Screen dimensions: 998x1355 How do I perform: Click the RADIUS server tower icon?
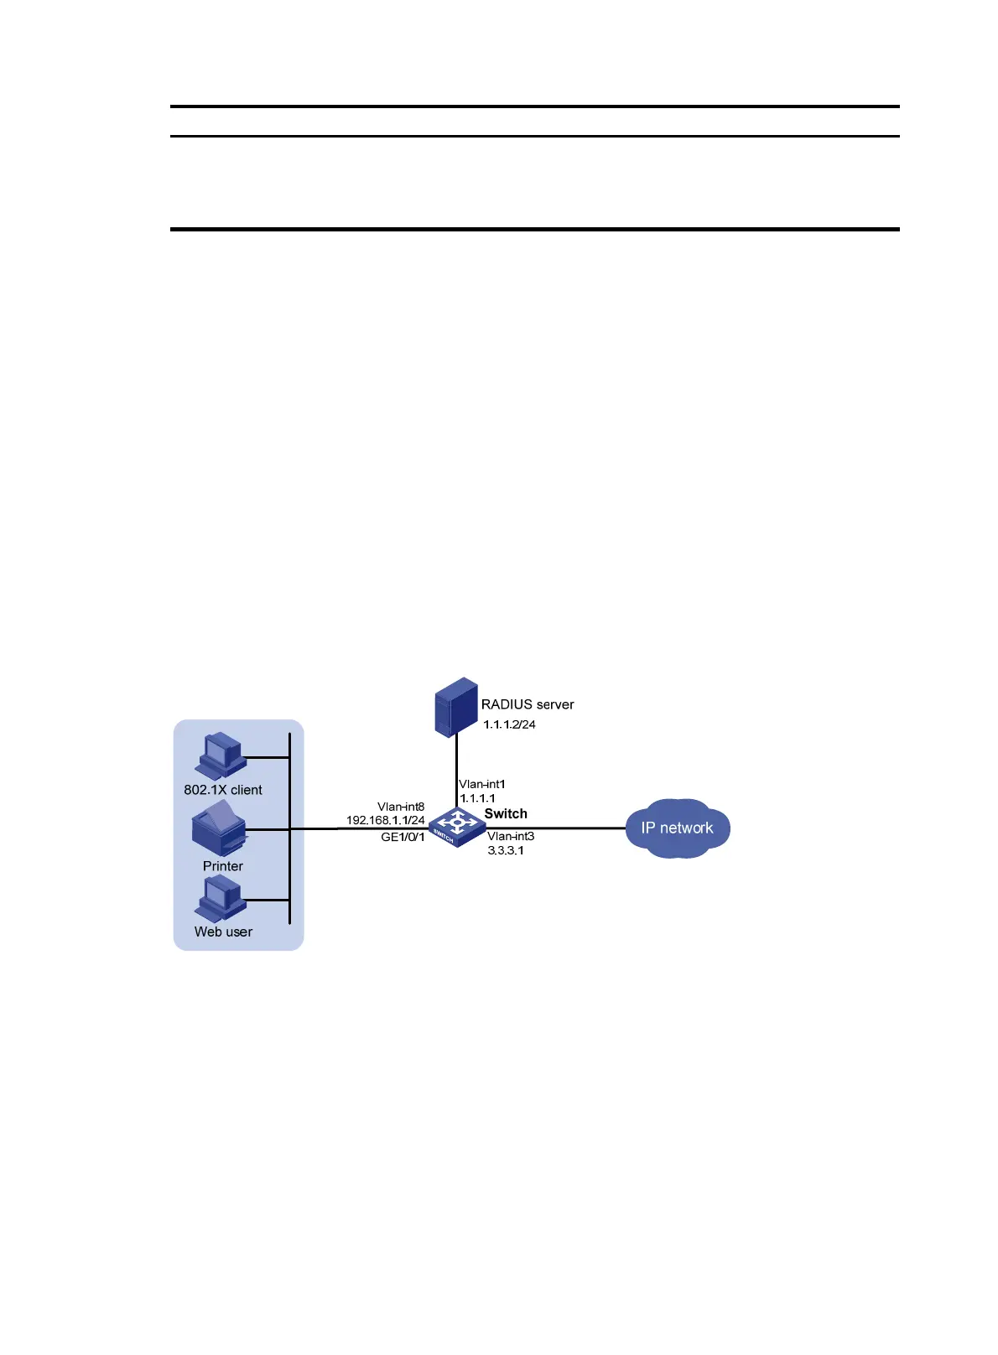tap(456, 706)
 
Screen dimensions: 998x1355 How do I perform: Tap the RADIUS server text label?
tap(528, 704)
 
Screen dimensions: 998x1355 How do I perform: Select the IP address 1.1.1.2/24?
tap(509, 724)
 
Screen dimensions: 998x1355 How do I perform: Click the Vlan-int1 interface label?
tap(482, 784)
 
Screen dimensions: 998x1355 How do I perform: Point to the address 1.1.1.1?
tap(477, 798)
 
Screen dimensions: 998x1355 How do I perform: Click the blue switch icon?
tap(456, 827)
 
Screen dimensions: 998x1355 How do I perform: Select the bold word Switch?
tap(506, 813)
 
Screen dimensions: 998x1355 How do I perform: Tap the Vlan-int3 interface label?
tap(511, 836)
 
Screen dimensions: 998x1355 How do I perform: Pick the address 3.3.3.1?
tap(506, 850)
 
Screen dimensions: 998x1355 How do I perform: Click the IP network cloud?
tap(678, 828)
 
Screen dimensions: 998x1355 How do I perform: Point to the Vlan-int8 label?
tap(401, 807)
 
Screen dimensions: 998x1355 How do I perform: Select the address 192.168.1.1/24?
tap(386, 820)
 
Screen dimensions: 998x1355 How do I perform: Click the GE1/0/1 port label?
tap(403, 837)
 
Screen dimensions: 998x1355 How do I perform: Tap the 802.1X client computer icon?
tap(221, 755)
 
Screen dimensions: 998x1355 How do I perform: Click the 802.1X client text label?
tap(223, 790)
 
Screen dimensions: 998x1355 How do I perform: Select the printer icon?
tap(220, 828)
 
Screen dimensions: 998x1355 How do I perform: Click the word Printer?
tap(223, 866)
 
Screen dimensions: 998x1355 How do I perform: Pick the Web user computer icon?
tap(221, 898)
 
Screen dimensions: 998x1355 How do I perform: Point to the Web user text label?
tap(223, 932)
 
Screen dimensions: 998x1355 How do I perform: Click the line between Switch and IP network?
tap(570, 828)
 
